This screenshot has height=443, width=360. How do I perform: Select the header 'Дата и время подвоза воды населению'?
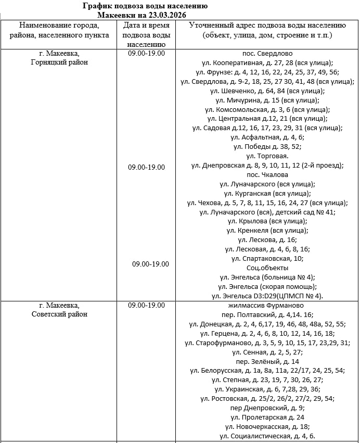pyautogui.click(x=146, y=35)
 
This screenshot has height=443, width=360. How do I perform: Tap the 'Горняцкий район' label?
pyautogui.click(x=59, y=62)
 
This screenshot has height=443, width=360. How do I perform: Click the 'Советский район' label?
pyautogui.click(x=59, y=314)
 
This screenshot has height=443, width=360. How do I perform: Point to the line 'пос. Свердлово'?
pyautogui.click(x=267, y=53)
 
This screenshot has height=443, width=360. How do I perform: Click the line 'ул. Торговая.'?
pyautogui.click(x=267, y=156)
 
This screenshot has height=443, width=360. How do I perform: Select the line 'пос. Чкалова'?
pyautogui.click(x=267, y=175)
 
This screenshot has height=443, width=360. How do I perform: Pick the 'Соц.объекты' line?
pyautogui.click(x=267, y=268)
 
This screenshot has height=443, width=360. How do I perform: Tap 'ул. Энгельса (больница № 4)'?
pyautogui.click(x=267, y=277)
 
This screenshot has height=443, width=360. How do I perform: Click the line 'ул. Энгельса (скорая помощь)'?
pyautogui.click(x=267, y=286)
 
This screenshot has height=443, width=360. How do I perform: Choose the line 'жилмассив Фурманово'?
pyautogui.click(x=267, y=306)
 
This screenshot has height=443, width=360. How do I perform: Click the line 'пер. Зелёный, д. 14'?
pyautogui.click(x=267, y=361)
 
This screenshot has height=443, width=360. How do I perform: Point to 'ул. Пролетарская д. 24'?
pyautogui.click(x=267, y=417)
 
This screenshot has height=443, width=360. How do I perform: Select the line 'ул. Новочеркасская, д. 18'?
pyautogui.click(x=267, y=426)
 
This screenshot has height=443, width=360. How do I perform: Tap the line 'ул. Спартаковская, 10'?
pyautogui.click(x=267, y=258)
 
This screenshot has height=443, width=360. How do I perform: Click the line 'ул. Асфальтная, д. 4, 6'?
pyautogui.click(x=267, y=137)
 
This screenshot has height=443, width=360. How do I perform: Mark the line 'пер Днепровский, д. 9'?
pyautogui.click(x=267, y=408)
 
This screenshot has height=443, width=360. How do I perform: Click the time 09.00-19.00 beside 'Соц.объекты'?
pyautogui.click(x=150, y=264)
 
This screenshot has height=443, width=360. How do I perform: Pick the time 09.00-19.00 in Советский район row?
pyautogui.click(x=146, y=306)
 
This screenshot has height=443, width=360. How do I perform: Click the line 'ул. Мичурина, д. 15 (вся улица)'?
pyautogui.click(x=267, y=100)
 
